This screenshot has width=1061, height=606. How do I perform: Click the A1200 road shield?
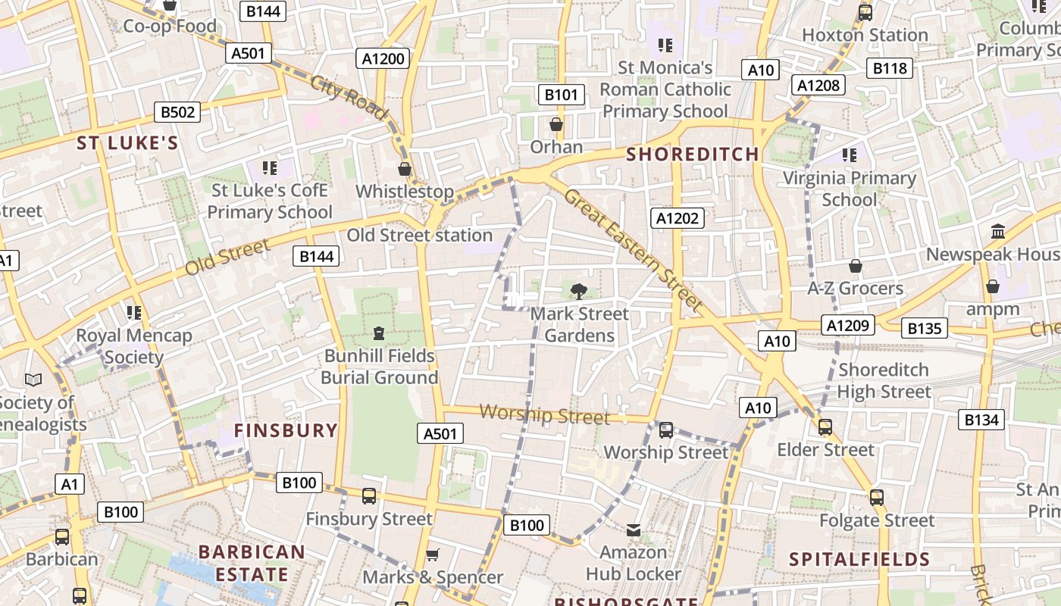383,59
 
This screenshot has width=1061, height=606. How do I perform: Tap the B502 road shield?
177,112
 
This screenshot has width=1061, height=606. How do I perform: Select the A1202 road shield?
678,219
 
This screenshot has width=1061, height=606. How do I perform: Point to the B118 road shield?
890,68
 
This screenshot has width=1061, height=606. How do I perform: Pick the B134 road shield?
981,420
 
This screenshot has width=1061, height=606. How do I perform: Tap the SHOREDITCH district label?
693,155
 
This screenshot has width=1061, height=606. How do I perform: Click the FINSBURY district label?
286,431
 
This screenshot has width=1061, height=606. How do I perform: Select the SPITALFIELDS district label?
859,560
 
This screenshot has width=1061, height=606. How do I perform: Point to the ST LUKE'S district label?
127,143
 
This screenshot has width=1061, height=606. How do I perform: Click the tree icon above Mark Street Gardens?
579,291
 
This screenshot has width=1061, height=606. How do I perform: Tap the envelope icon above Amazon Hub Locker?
634,530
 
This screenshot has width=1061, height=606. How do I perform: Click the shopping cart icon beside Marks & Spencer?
433,555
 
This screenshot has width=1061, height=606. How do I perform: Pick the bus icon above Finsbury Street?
369,496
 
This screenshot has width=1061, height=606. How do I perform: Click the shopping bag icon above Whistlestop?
405,168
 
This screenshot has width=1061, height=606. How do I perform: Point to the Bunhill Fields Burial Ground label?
380,367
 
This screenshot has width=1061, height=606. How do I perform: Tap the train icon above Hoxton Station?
865,13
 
